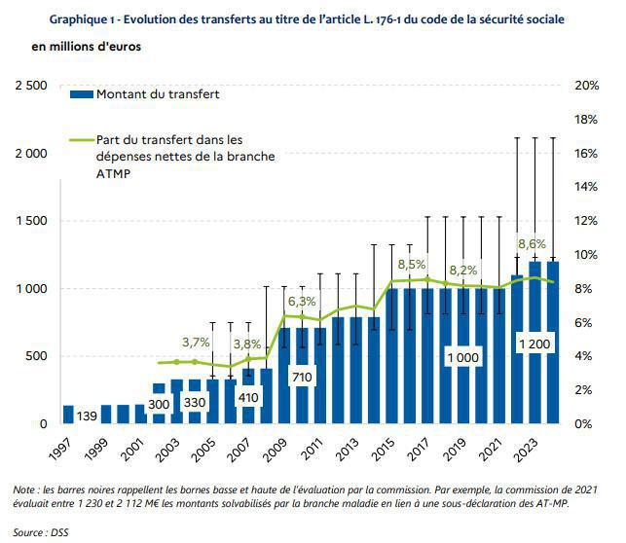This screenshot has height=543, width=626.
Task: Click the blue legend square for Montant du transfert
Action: click(81, 94)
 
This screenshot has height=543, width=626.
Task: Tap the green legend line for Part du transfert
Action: click(81, 140)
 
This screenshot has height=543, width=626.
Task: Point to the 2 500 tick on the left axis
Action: click(29, 86)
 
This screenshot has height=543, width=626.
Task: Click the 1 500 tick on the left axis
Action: click(29, 221)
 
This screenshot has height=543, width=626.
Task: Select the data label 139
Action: click(87, 415)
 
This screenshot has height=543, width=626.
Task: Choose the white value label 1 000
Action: click(463, 358)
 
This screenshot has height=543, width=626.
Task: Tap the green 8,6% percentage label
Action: click(533, 244)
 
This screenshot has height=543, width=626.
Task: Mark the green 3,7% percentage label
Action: click(196, 343)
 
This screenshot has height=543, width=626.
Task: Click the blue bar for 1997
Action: click(68, 415)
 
